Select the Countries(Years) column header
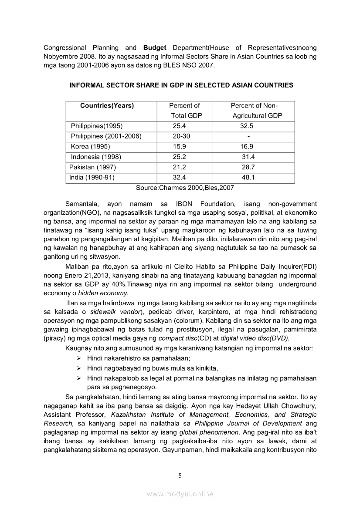point(107,106)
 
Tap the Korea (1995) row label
point(90,147)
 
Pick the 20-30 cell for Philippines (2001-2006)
point(181,136)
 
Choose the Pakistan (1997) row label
point(92,167)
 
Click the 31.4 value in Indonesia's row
point(248,157)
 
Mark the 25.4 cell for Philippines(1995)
point(179,126)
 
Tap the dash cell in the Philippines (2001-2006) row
point(248,136)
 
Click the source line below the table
point(185,188)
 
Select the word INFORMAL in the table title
point(88,85)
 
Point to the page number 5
point(180,475)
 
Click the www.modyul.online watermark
point(180,494)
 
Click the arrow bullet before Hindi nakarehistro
point(78,358)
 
